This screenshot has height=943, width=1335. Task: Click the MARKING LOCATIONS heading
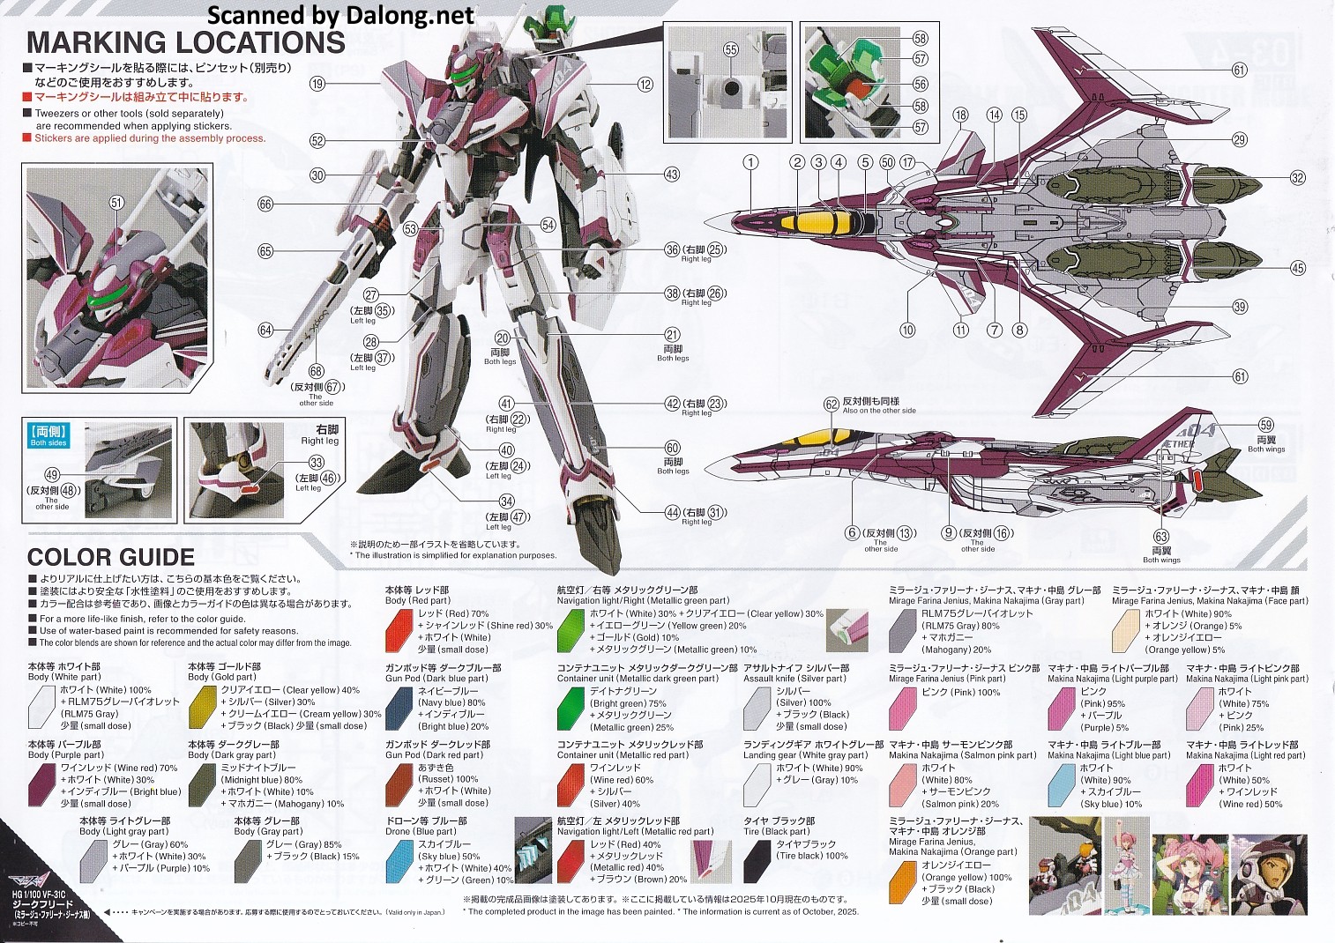[185, 42]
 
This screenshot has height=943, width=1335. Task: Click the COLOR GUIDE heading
[111, 557]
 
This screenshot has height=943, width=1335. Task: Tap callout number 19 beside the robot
[317, 84]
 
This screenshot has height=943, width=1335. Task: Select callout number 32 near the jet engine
[1297, 177]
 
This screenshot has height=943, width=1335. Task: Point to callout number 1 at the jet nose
[750, 162]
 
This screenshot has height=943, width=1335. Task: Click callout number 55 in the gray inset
[730, 50]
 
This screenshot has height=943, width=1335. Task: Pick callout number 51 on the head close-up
[117, 203]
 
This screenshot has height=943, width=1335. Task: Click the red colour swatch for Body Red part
[400, 629]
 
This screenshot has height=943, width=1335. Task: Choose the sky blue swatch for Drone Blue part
[400, 860]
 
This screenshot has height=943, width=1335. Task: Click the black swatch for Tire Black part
[757, 860]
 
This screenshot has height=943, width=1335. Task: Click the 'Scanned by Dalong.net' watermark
[340, 14]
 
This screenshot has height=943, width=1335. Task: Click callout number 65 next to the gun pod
[265, 251]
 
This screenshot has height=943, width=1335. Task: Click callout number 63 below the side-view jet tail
[1161, 537]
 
